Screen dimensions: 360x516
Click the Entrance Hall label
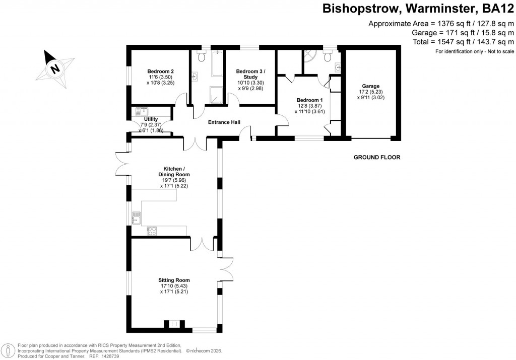tap(224, 122)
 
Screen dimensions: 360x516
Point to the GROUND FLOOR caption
tap(376, 158)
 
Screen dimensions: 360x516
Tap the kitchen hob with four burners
tap(151, 231)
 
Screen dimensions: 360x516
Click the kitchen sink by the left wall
tap(136, 218)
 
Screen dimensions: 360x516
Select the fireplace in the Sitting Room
tap(174, 324)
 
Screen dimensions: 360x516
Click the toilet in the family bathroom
tap(203, 56)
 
